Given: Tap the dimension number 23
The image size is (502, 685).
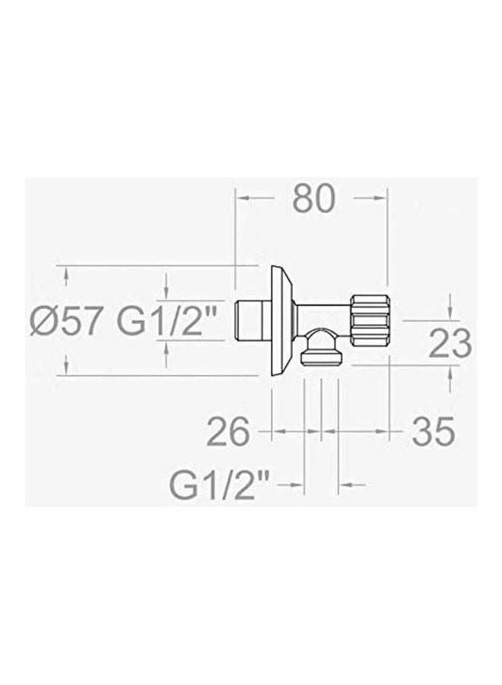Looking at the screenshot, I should coord(450,344).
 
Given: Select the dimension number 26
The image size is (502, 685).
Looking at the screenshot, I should coord(228,432).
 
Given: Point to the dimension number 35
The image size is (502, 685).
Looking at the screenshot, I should coord(434,432).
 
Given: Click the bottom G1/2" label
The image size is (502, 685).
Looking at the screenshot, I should coord(220,484).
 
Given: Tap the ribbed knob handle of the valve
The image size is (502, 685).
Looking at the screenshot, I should coord(371,317).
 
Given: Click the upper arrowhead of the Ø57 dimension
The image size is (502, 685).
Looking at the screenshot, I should coord(67,277).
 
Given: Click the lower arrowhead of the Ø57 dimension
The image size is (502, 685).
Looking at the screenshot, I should coord(67,365).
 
